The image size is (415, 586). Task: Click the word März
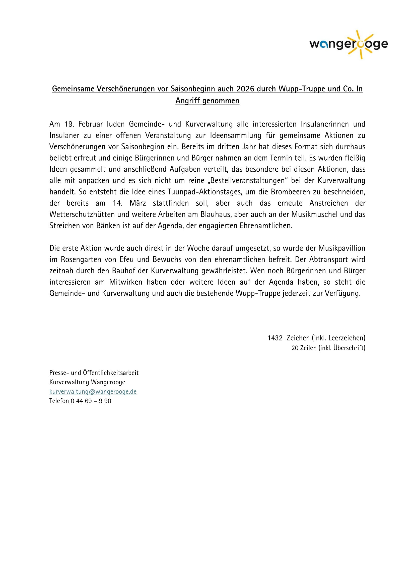137,203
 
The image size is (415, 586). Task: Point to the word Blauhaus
216,214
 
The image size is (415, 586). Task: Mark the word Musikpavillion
342,248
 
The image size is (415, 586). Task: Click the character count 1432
275,338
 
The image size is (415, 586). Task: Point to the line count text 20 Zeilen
304,348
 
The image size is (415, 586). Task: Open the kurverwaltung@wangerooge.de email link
93,392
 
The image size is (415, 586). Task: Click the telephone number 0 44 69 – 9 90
91,401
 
